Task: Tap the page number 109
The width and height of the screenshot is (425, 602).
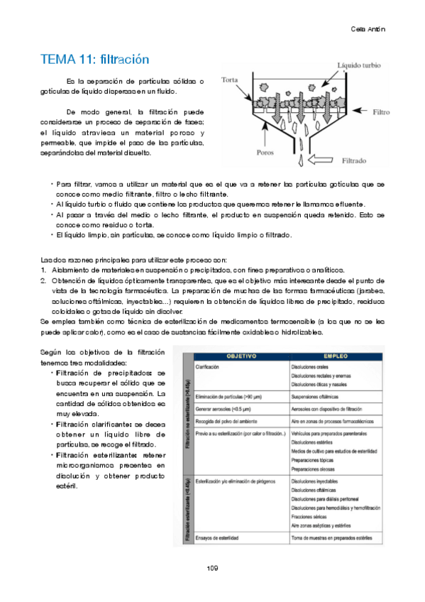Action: [x=212, y=568]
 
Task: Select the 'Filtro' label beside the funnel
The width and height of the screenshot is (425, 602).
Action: [x=381, y=112]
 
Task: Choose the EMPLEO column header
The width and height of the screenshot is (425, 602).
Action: [x=335, y=354]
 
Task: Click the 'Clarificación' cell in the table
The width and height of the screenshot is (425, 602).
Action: [x=207, y=366]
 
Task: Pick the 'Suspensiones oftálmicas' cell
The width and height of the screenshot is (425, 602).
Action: [x=315, y=396]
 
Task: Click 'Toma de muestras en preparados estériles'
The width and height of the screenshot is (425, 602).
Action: [x=331, y=537]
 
